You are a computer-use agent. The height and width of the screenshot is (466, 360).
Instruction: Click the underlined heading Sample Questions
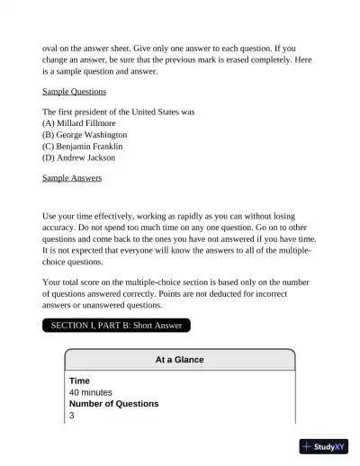pos(74,92)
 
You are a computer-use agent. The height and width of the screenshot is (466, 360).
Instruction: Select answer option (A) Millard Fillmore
pos(79,122)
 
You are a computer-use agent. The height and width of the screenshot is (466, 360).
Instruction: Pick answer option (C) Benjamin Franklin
pos(83,146)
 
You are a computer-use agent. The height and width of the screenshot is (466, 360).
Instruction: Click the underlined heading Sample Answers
pos(72,178)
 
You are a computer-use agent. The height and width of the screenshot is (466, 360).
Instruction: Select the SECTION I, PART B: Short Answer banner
pos(117,325)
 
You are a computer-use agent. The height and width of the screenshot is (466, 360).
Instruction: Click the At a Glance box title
pos(179,360)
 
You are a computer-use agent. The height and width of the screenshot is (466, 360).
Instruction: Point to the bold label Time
pos(79,381)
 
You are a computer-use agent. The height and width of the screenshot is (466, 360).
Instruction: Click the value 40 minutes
pos(90,392)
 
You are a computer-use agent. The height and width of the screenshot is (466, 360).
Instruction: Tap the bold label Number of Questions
pos(113,404)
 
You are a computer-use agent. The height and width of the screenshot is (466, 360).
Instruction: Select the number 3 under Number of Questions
pos(72,416)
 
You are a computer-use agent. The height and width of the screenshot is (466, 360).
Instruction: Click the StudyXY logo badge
pos(324,445)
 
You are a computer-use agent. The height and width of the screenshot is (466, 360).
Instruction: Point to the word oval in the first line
pos(51,48)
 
